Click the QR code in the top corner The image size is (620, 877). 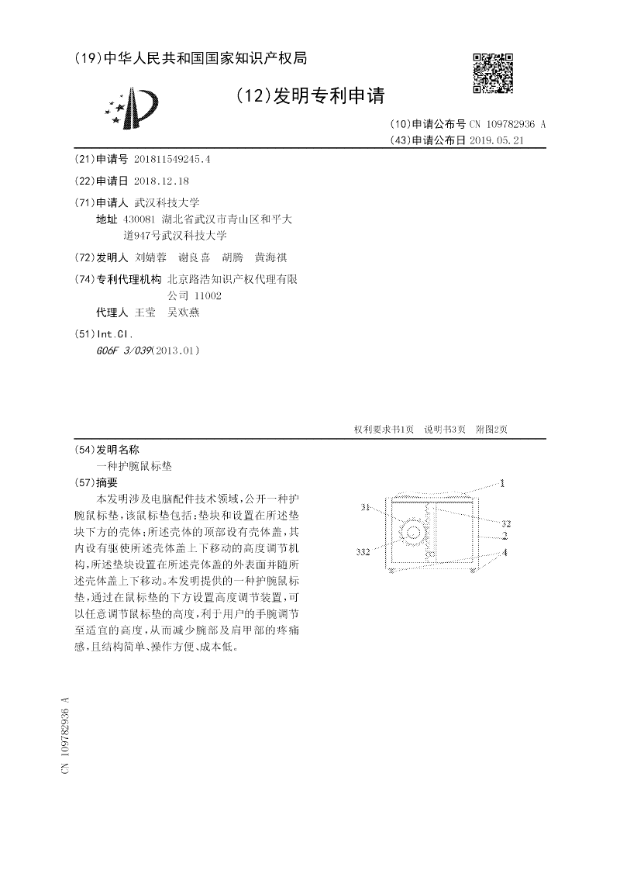click(x=492, y=74)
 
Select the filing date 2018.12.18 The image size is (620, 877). click(x=161, y=181)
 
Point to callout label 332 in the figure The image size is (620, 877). click(x=362, y=552)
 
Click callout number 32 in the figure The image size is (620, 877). click(x=505, y=523)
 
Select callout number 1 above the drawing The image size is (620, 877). click(x=502, y=482)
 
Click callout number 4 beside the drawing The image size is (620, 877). click(x=505, y=552)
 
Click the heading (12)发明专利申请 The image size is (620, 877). click(x=309, y=95)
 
